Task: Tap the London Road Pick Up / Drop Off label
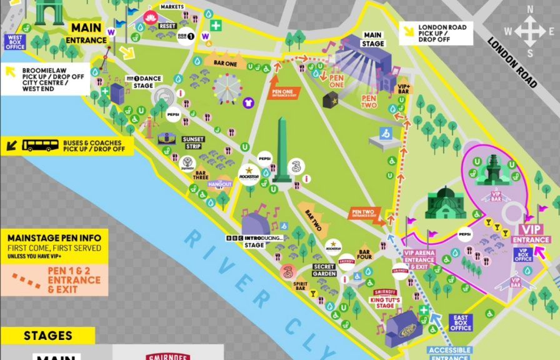(436, 34)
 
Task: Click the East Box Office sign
(461, 323)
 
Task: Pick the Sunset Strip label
(192, 142)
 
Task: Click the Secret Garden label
(324, 270)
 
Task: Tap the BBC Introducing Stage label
(254, 241)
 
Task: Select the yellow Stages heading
(47, 336)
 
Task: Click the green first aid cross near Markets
(216, 26)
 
